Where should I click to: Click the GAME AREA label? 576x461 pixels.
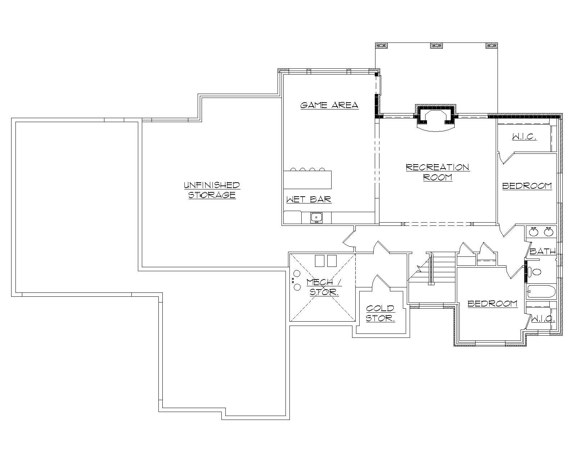click(329, 105)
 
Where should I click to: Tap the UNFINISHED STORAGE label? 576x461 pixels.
click(212, 190)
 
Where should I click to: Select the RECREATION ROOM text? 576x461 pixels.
click(437, 172)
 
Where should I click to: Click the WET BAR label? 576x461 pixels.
click(309, 200)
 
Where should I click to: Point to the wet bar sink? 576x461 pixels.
click(316, 218)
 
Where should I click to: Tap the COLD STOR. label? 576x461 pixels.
click(381, 314)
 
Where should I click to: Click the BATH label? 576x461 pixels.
click(542, 251)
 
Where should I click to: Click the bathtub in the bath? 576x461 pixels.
click(541, 291)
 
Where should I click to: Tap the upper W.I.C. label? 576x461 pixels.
click(524, 137)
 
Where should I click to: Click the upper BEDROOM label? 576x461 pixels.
click(527, 186)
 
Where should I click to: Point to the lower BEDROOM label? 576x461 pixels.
click(492, 304)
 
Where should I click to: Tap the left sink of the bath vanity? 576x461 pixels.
click(534, 232)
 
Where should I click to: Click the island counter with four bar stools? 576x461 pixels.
click(307, 180)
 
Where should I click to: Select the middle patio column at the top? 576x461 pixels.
click(436, 46)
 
